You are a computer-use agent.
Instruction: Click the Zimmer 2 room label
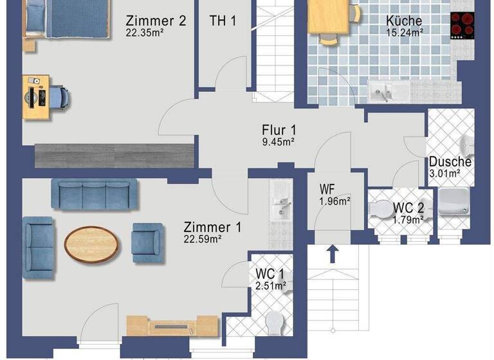coord(156,21)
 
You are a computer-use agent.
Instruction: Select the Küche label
coord(404,20)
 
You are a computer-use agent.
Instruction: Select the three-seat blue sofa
coord(95,194)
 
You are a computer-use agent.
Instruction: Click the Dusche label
coord(450,162)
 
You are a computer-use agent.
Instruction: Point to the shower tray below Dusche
coord(455,202)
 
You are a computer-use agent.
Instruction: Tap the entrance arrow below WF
coord(333,254)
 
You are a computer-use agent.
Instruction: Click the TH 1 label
coord(223,21)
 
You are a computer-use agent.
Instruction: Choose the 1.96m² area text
coord(334,201)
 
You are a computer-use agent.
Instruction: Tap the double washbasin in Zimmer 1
coord(280,200)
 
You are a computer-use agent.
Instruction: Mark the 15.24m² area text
coord(404,32)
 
